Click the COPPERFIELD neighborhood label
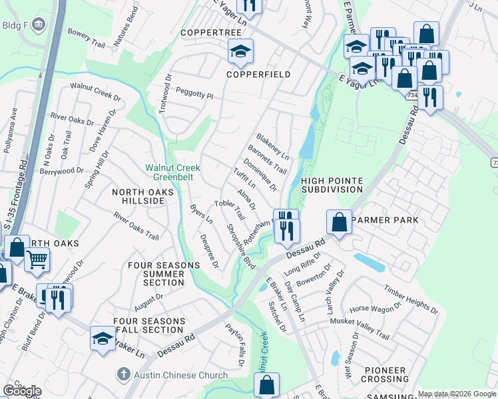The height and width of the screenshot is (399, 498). (258, 74)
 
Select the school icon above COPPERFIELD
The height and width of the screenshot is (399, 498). (240, 51)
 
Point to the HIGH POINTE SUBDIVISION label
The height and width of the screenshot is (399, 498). (332, 185)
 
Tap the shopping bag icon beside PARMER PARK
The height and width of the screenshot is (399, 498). (339, 223)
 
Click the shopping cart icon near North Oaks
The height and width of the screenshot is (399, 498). (37, 259)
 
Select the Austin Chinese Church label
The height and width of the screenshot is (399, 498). (179, 375)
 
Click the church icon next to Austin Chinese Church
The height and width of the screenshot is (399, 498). (122, 375)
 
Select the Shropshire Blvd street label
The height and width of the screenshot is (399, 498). (240, 246)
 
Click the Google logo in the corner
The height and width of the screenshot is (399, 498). (22, 391)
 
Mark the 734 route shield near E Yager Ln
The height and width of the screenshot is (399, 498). (412, 96)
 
